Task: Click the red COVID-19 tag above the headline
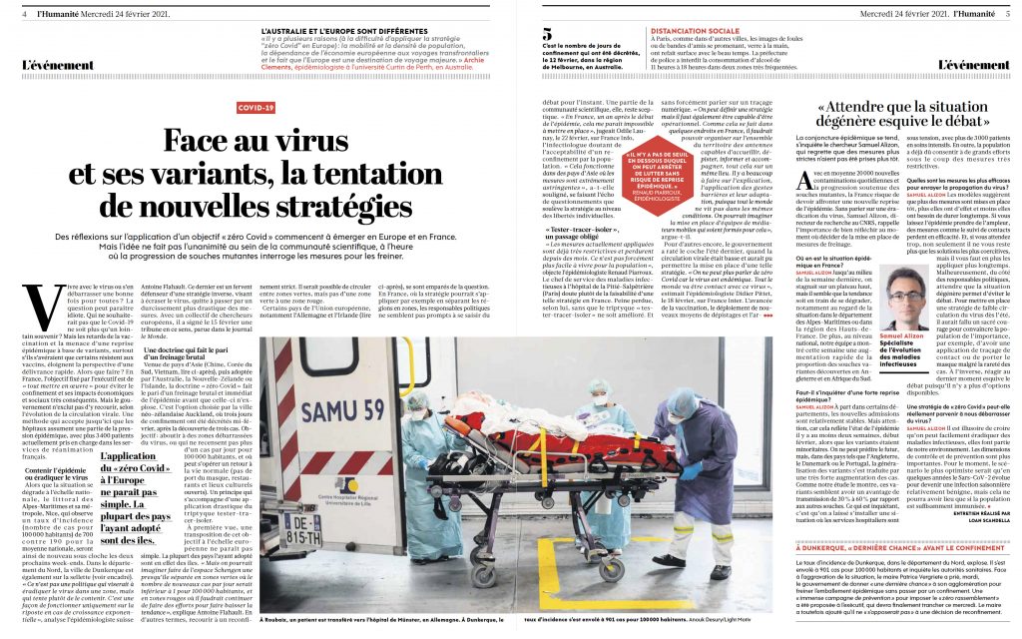pos(255,107)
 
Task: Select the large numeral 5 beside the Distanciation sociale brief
pos(547,34)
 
